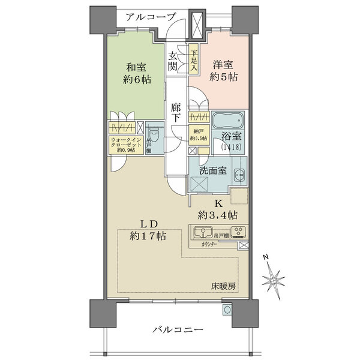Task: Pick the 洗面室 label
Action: [x=213, y=171]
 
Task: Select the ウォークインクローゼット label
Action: [x=126, y=145]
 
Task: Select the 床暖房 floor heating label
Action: [x=223, y=286]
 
